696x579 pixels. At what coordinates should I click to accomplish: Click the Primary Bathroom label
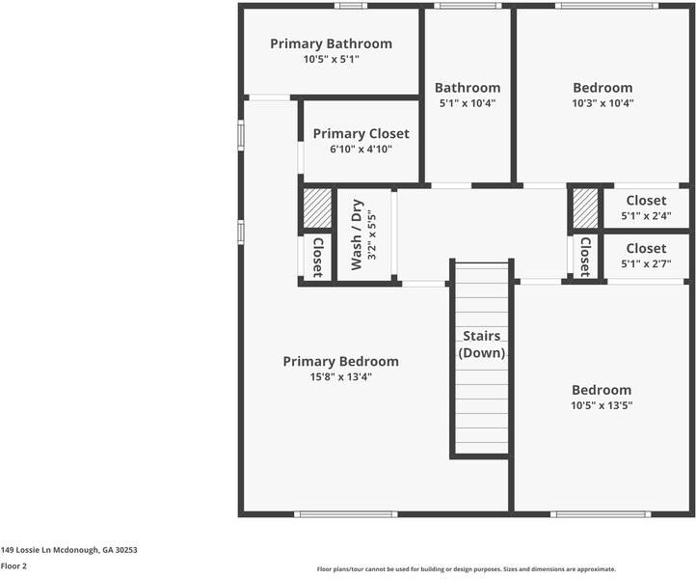(331, 43)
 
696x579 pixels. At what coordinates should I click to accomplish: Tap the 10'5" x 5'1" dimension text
(331, 59)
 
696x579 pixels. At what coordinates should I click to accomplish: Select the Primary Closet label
(361, 134)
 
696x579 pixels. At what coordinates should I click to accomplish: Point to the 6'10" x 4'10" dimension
(361, 150)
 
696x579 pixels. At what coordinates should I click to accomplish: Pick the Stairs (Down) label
(481, 345)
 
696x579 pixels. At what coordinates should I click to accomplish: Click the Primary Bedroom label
(340, 362)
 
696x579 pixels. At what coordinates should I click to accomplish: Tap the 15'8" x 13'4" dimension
(340, 377)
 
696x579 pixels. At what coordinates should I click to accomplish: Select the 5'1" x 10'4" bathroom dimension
(468, 103)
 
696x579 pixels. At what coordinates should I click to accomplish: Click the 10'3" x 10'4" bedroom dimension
(602, 103)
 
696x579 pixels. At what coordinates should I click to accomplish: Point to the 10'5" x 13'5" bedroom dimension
(602, 405)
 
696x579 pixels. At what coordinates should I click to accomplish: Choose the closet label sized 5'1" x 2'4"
(646, 201)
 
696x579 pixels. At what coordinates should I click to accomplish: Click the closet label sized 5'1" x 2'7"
(646, 249)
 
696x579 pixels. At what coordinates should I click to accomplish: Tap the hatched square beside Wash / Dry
(317, 207)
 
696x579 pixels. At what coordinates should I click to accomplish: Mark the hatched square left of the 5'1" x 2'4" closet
(585, 207)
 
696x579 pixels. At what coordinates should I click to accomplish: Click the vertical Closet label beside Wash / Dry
(317, 257)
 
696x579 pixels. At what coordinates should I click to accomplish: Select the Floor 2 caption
(13, 566)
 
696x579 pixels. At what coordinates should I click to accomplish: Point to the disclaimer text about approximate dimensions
(467, 569)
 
